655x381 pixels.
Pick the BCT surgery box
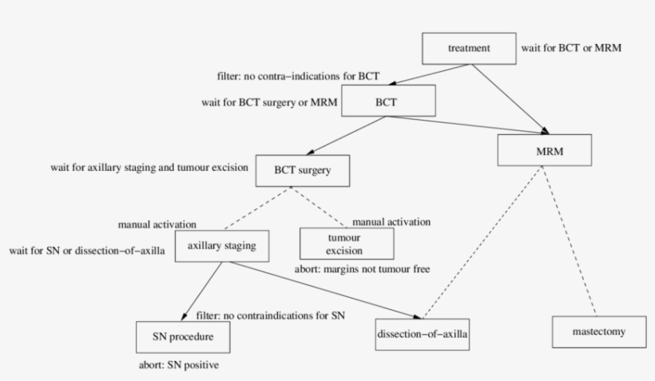(x=292, y=170)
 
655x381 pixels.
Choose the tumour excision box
(x=347, y=243)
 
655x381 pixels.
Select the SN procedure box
(x=185, y=338)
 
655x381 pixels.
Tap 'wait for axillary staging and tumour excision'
(x=149, y=169)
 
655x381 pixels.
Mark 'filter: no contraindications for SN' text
(x=271, y=316)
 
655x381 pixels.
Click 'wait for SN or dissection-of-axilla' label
(x=88, y=251)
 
